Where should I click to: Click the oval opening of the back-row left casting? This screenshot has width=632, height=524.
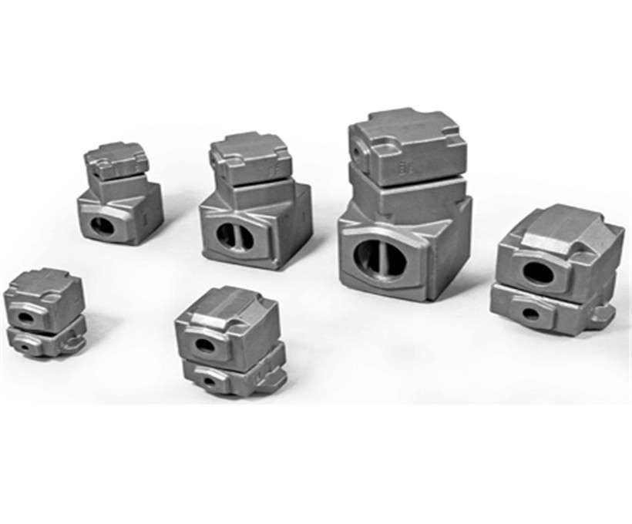(x=103, y=226)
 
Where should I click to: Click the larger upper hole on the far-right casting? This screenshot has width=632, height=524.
(x=538, y=272)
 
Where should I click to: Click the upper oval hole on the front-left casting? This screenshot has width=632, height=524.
(x=27, y=317)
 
